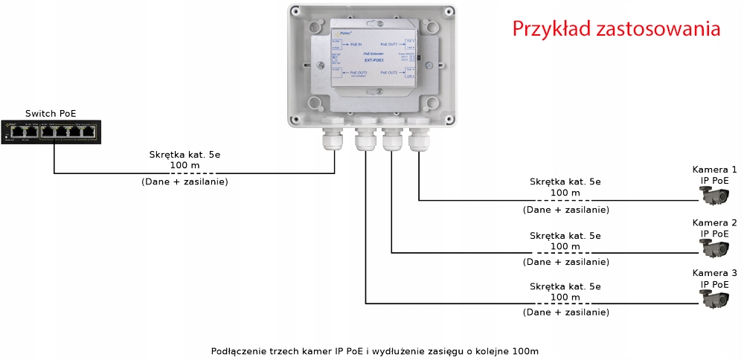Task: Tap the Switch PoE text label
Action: (x=51, y=113)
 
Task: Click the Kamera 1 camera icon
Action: (x=716, y=196)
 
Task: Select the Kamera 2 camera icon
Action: (x=716, y=249)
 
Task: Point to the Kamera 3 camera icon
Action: (x=716, y=299)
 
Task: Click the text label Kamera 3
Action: (x=714, y=273)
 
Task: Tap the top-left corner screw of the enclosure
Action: (x=297, y=13)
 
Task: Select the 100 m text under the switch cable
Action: (x=185, y=165)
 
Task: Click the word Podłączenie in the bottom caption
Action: (x=237, y=350)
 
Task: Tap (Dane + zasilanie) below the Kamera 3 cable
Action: (x=566, y=312)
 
